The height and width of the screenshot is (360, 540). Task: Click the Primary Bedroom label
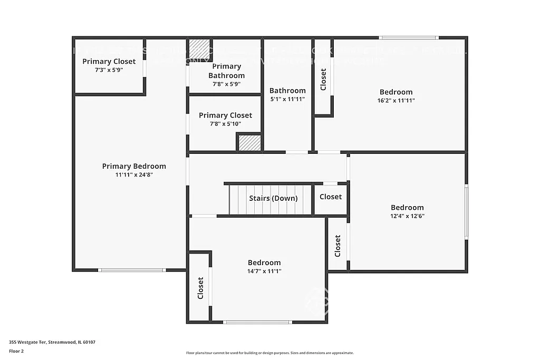point(134,166)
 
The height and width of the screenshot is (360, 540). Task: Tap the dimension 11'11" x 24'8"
point(134,174)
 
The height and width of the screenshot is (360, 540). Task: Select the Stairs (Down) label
point(273,198)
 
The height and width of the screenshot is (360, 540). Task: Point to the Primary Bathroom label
point(226,71)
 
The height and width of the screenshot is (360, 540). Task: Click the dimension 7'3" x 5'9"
point(109,70)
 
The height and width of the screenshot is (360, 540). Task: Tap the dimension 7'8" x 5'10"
point(225,124)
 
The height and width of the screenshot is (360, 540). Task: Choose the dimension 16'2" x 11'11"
point(396,100)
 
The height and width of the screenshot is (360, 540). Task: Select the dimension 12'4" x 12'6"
point(407,216)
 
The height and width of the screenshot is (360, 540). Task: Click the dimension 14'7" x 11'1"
point(264,271)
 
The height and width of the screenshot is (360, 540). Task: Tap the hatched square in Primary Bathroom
point(199,50)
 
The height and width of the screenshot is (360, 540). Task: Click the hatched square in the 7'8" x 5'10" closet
point(249,143)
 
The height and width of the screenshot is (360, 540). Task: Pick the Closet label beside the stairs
point(331,197)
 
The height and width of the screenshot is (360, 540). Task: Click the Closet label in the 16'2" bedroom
point(323,79)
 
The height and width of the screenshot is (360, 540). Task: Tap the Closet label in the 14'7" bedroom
point(200,288)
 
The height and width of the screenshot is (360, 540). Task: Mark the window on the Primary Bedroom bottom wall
point(132,270)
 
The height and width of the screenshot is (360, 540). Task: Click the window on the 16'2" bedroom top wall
point(409,37)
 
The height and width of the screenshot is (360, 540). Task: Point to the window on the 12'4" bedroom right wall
point(466,212)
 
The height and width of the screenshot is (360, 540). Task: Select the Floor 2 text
point(17,351)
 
